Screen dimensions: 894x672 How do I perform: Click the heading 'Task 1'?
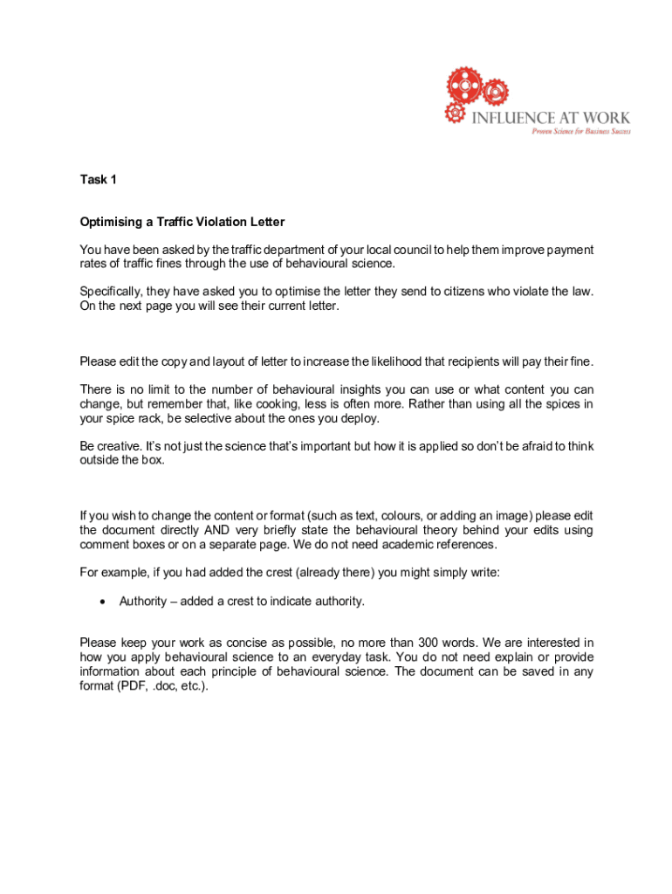point(98,180)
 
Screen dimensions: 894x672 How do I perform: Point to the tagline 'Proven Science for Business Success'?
point(581,131)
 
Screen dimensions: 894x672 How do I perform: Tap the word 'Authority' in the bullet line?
point(143,602)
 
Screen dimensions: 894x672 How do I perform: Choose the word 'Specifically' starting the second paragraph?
point(113,292)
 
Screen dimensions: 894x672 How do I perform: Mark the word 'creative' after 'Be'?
point(120,446)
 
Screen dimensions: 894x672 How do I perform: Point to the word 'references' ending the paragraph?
point(466,545)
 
